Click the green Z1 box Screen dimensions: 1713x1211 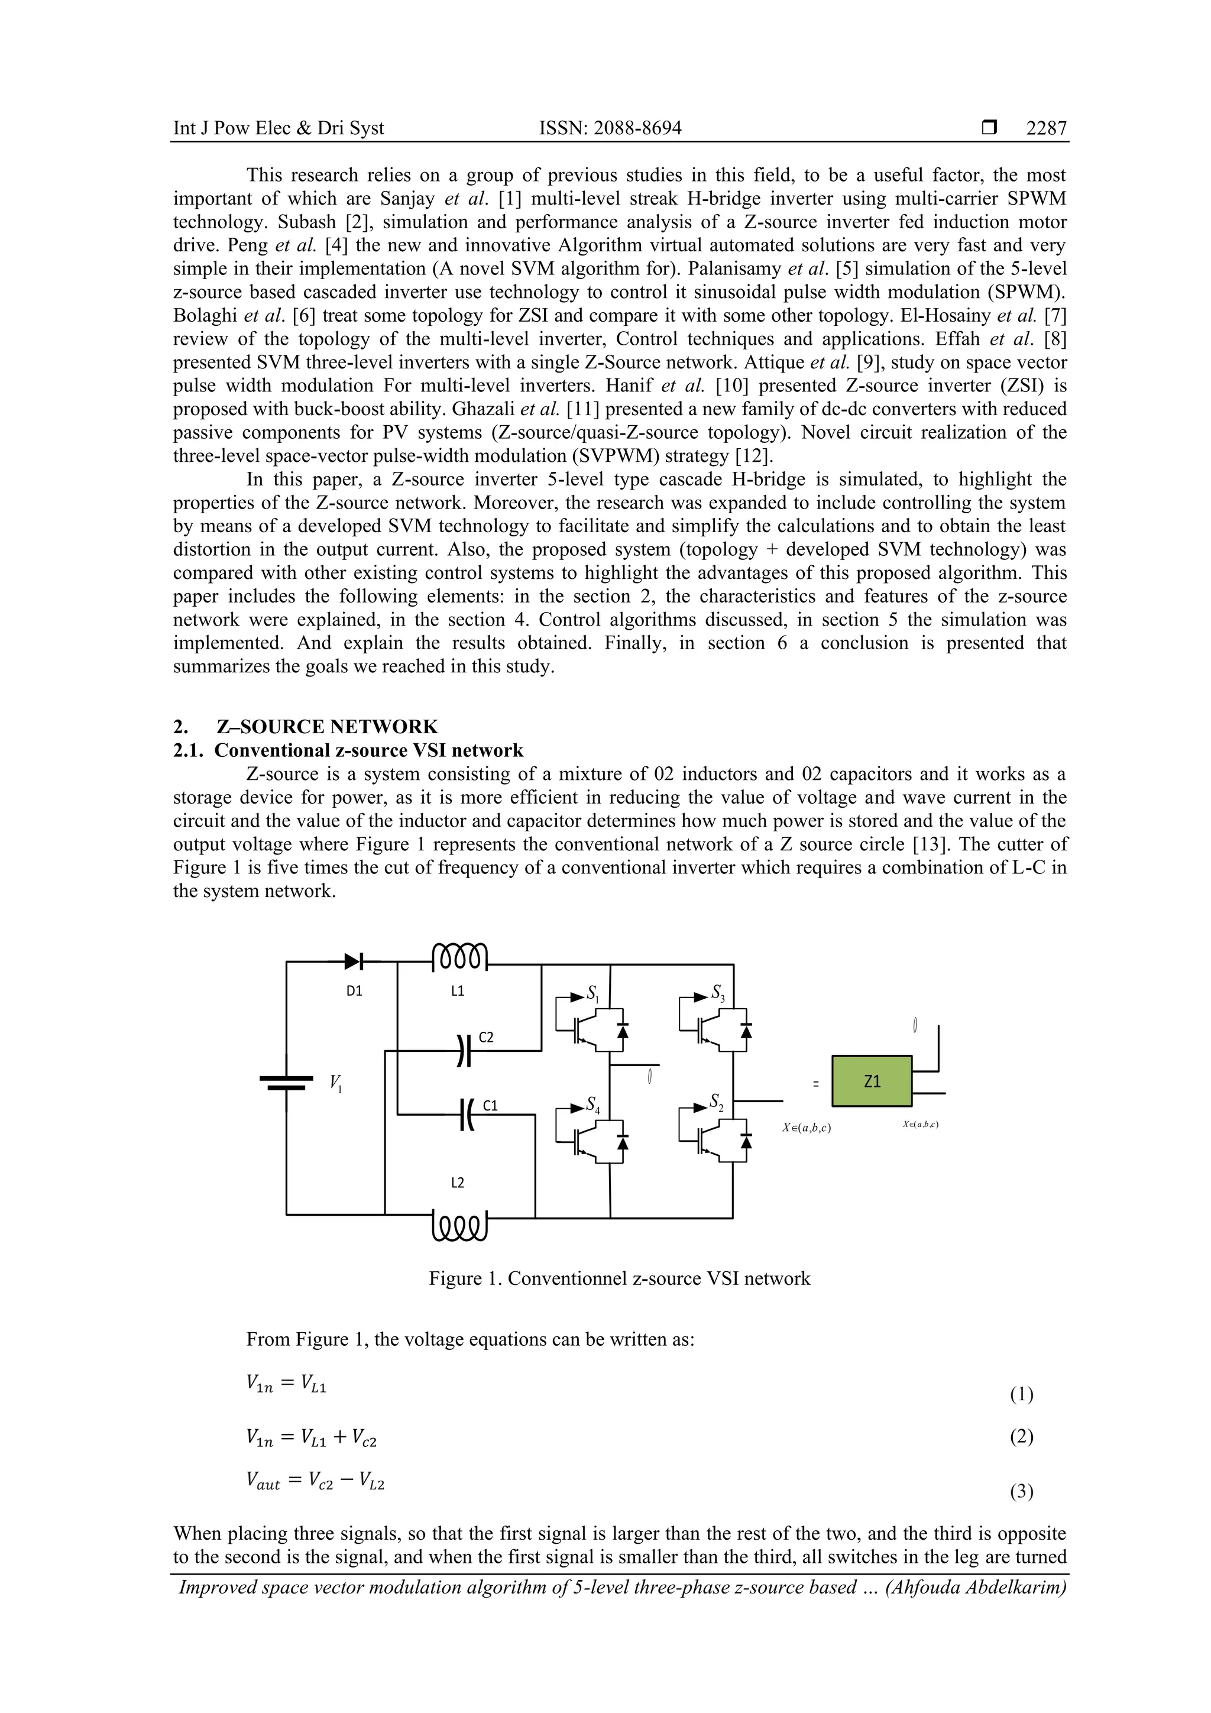pos(872,1081)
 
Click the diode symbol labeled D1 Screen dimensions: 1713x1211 pos(354,963)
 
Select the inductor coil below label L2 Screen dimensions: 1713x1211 pos(459,1228)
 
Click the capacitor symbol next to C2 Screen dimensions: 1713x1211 pos(464,1051)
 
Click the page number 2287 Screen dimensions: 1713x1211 pos(1046,128)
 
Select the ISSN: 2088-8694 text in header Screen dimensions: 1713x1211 pos(610,128)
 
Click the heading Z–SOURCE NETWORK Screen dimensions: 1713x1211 pos(327,727)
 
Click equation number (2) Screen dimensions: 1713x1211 pos(1021,1436)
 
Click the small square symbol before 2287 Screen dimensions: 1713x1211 pos(989,128)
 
